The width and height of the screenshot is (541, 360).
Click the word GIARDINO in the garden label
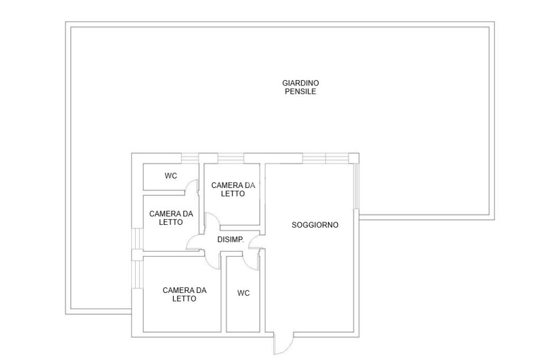[301, 83]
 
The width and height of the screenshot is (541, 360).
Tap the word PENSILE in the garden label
[301, 92]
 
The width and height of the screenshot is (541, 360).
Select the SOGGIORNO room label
[315, 225]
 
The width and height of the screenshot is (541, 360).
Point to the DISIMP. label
[230, 240]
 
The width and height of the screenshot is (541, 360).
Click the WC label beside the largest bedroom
[243, 293]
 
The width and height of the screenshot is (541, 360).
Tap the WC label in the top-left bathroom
[171, 176]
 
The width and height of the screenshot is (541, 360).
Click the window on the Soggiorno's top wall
[325, 158]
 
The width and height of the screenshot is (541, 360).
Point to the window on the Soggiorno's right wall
[357, 186]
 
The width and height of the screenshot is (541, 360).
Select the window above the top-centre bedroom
[231, 158]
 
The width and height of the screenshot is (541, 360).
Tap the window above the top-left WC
[190, 158]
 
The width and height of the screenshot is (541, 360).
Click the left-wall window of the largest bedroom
[137, 274]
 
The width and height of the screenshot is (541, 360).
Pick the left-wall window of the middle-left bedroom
[137, 239]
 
